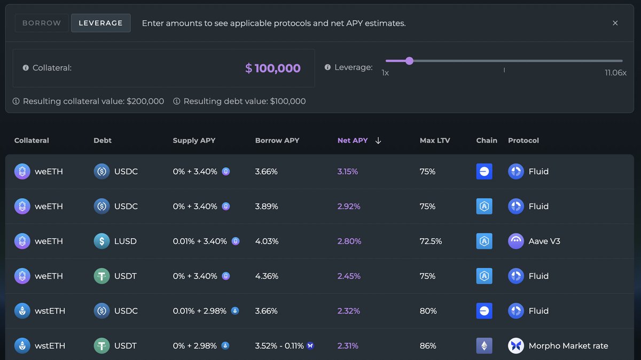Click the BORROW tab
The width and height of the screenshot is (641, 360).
click(42, 23)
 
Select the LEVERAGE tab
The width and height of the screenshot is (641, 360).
click(100, 23)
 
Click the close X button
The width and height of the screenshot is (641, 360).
click(615, 23)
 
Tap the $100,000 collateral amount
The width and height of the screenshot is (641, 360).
click(272, 68)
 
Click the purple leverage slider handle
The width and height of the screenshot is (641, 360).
click(409, 61)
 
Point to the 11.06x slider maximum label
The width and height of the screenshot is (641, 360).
click(615, 73)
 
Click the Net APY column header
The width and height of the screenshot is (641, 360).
click(353, 140)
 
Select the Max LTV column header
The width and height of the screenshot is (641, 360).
click(435, 140)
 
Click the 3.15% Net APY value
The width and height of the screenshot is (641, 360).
click(348, 171)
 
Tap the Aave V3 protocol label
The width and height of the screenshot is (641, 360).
click(545, 241)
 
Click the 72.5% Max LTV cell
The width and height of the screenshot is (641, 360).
click(431, 241)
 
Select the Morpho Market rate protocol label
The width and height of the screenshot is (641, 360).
click(568, 346)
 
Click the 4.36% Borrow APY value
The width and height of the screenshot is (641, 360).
click(267, 276)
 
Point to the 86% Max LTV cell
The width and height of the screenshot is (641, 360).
click(428, 346)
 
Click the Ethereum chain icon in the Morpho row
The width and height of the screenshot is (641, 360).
click(484, 346)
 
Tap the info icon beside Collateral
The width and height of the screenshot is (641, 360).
click(26, 68)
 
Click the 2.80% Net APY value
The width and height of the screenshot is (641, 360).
click(349, 241)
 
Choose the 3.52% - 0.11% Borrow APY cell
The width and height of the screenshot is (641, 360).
click(280, 346)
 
